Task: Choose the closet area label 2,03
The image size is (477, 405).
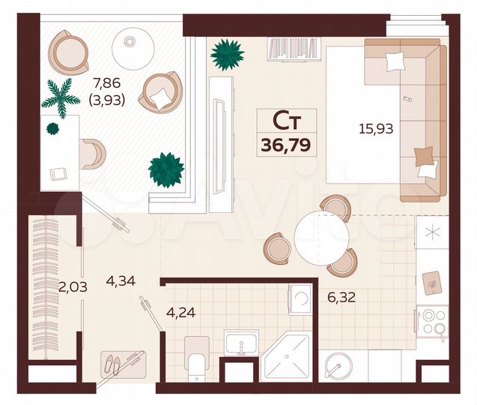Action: tap(73, 285)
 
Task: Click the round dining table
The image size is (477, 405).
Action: tap(322, 237)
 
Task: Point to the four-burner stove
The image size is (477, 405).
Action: tap(431, 322)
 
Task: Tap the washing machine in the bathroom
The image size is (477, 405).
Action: tap(300, 298)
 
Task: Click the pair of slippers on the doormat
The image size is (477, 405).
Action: tap(114, 365)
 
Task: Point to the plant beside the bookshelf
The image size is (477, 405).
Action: tap(227, 54)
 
